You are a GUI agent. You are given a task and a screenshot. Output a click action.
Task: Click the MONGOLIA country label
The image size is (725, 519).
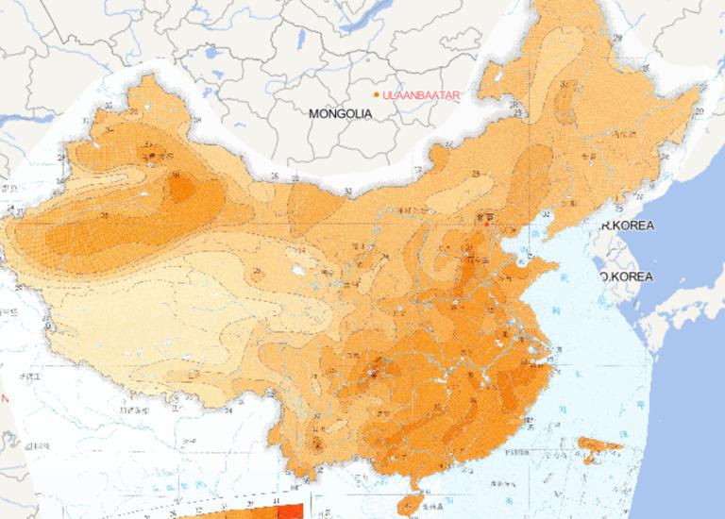pyautogui.click(x=340, y=113)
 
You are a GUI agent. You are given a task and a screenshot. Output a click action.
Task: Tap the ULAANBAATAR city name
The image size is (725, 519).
pyautogui.click(x=420, y=95)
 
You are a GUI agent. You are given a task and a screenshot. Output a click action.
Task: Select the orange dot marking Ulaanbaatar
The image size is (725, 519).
pyautogui.click(x=377, y=95)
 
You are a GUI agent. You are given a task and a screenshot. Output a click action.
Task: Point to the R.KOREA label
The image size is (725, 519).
pyautogui.click(x=627, y=226)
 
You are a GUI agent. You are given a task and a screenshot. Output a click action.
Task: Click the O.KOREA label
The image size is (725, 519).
pyautogui.click(x=627, y=276)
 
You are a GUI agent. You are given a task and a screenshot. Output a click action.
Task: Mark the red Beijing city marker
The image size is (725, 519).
pyautogui.click(x=487, y=224)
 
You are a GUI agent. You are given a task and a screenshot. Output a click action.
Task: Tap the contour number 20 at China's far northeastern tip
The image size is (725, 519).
pyautogui.click(x=699, y=111)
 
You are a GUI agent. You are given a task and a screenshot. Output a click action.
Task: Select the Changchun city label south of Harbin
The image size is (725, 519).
pyautogui.click(x=592, y=156)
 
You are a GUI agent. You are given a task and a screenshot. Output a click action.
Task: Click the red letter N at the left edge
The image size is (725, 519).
pyautogui.click(x=4, y=398)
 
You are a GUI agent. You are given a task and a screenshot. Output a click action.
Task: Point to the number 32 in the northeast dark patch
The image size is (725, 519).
pyautogui.click(x=565, y=85)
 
